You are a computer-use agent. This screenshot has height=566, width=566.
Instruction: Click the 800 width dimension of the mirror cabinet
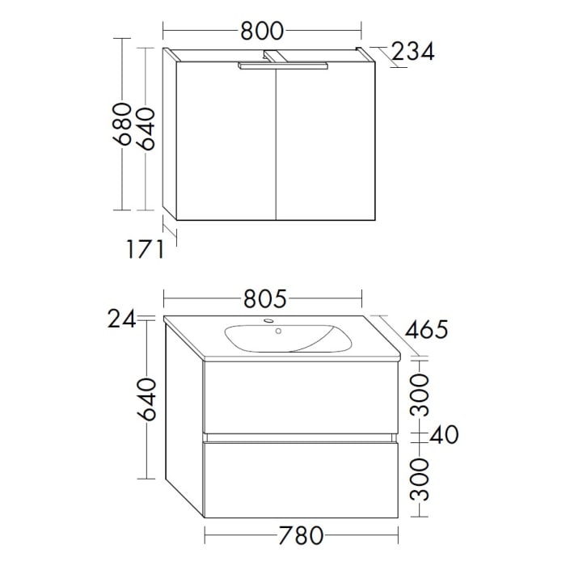(262, 31)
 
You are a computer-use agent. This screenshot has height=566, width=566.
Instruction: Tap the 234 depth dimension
(413, 52)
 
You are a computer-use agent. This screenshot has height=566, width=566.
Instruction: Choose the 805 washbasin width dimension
(264, 299)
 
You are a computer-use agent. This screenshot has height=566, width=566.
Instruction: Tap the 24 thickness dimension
(121, 320)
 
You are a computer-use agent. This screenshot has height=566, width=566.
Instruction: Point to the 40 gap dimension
(442, 435)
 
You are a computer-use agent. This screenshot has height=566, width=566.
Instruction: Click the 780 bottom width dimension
(301, 535)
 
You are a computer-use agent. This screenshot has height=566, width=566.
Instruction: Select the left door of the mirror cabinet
(226, 141)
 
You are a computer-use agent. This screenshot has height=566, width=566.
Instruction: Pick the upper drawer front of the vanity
(300, 396)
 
